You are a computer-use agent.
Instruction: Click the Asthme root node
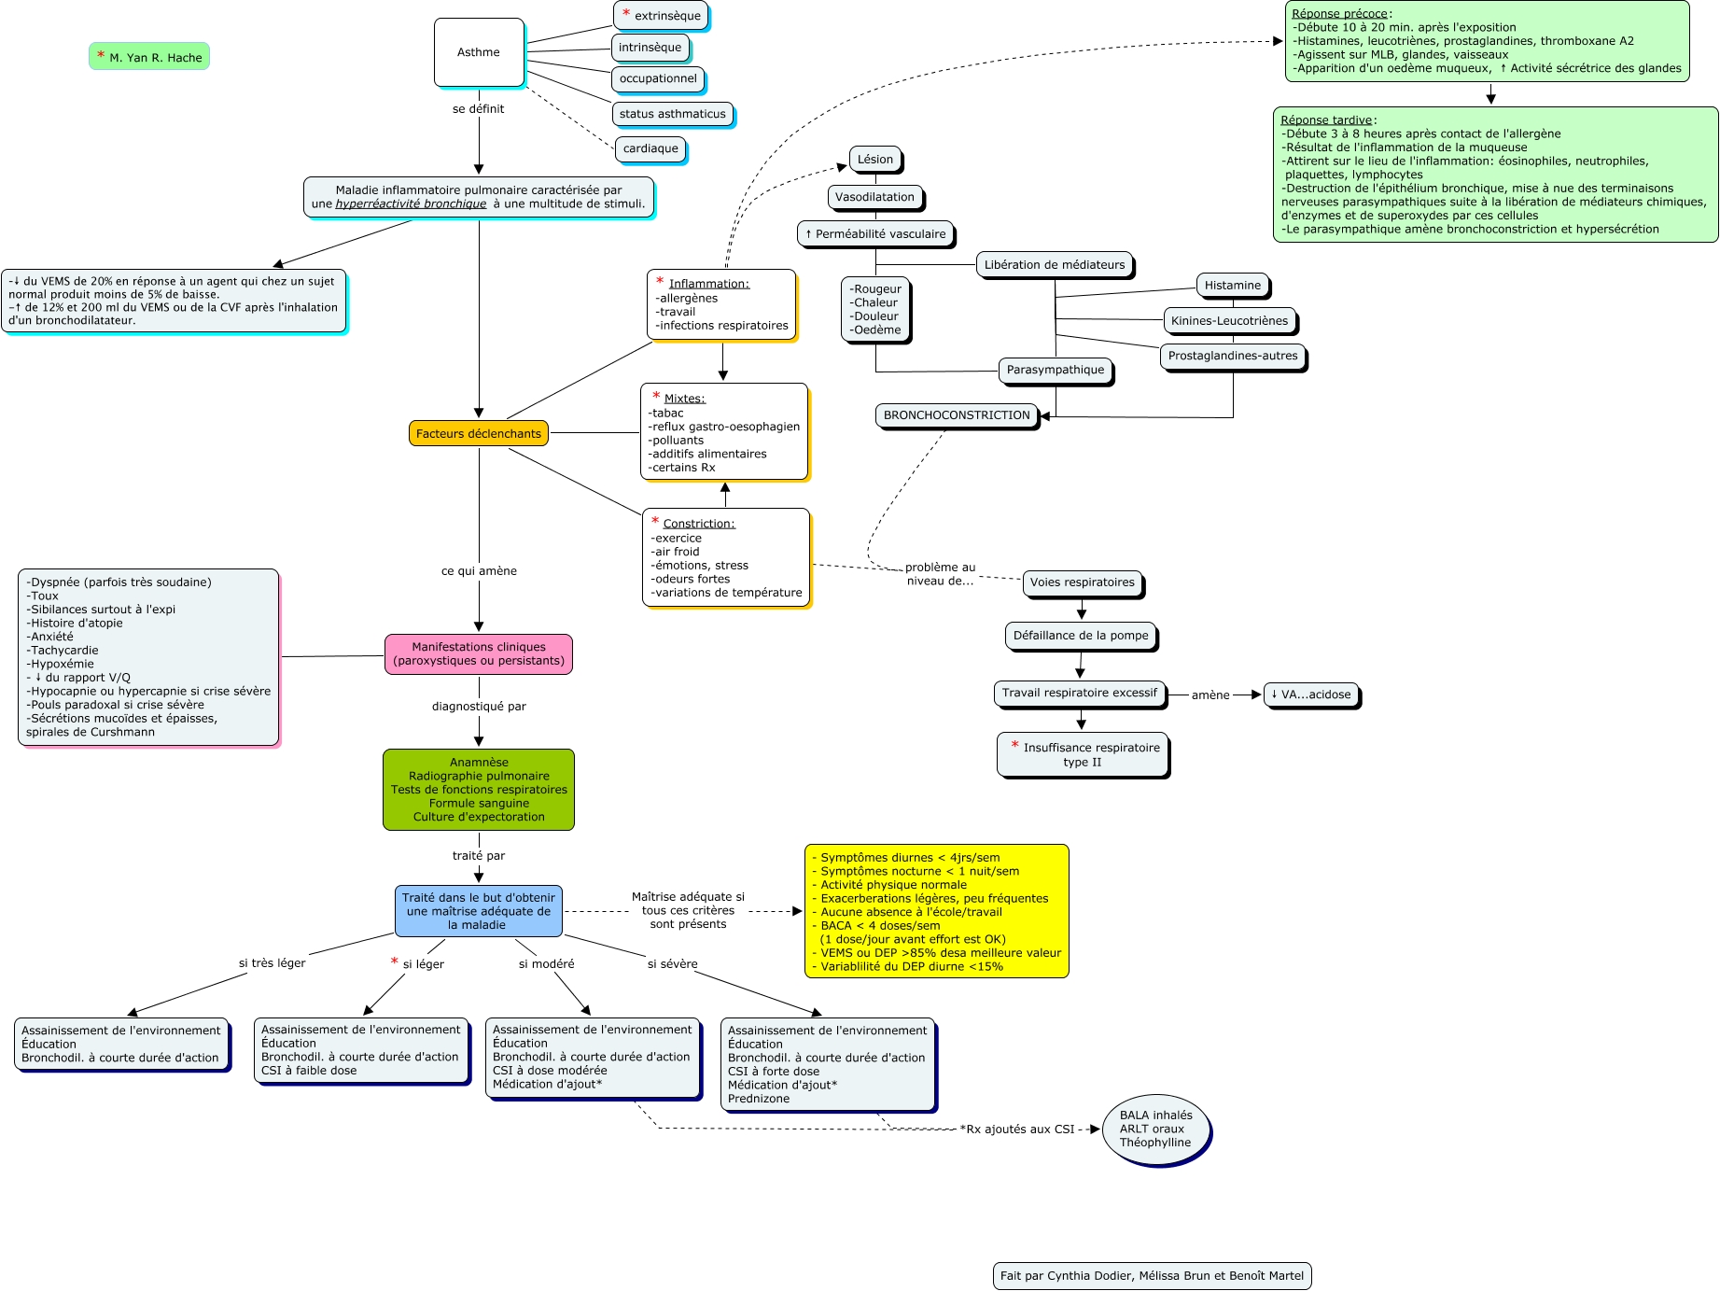point(479,52)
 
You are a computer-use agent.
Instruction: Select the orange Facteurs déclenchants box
point(478,433)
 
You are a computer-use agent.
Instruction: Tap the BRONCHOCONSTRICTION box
point(957,415)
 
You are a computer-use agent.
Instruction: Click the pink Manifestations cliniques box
point(479,653)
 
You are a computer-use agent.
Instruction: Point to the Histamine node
point(1232,286)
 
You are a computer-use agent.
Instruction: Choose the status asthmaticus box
point(672,114)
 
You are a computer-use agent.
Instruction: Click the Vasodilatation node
point(874,197)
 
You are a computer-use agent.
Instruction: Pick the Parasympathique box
point(1056,370)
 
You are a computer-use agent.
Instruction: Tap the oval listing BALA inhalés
point(1155,1129)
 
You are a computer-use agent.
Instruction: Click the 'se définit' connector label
point(478,109)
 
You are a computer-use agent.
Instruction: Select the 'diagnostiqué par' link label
point(479,707)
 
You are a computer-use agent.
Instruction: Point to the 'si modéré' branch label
point(546,964)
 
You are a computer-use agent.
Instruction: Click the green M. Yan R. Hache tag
point(149,57)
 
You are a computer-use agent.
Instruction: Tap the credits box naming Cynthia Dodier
point(1152,1276)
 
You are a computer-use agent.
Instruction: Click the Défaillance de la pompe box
point(1081,636)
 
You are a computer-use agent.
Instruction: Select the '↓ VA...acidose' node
point(1311,695)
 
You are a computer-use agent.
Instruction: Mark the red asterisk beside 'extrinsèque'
point(626,14)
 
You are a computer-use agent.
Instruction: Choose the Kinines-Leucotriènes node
point(1229,321)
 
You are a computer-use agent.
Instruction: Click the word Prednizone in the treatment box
point(759,1099)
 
